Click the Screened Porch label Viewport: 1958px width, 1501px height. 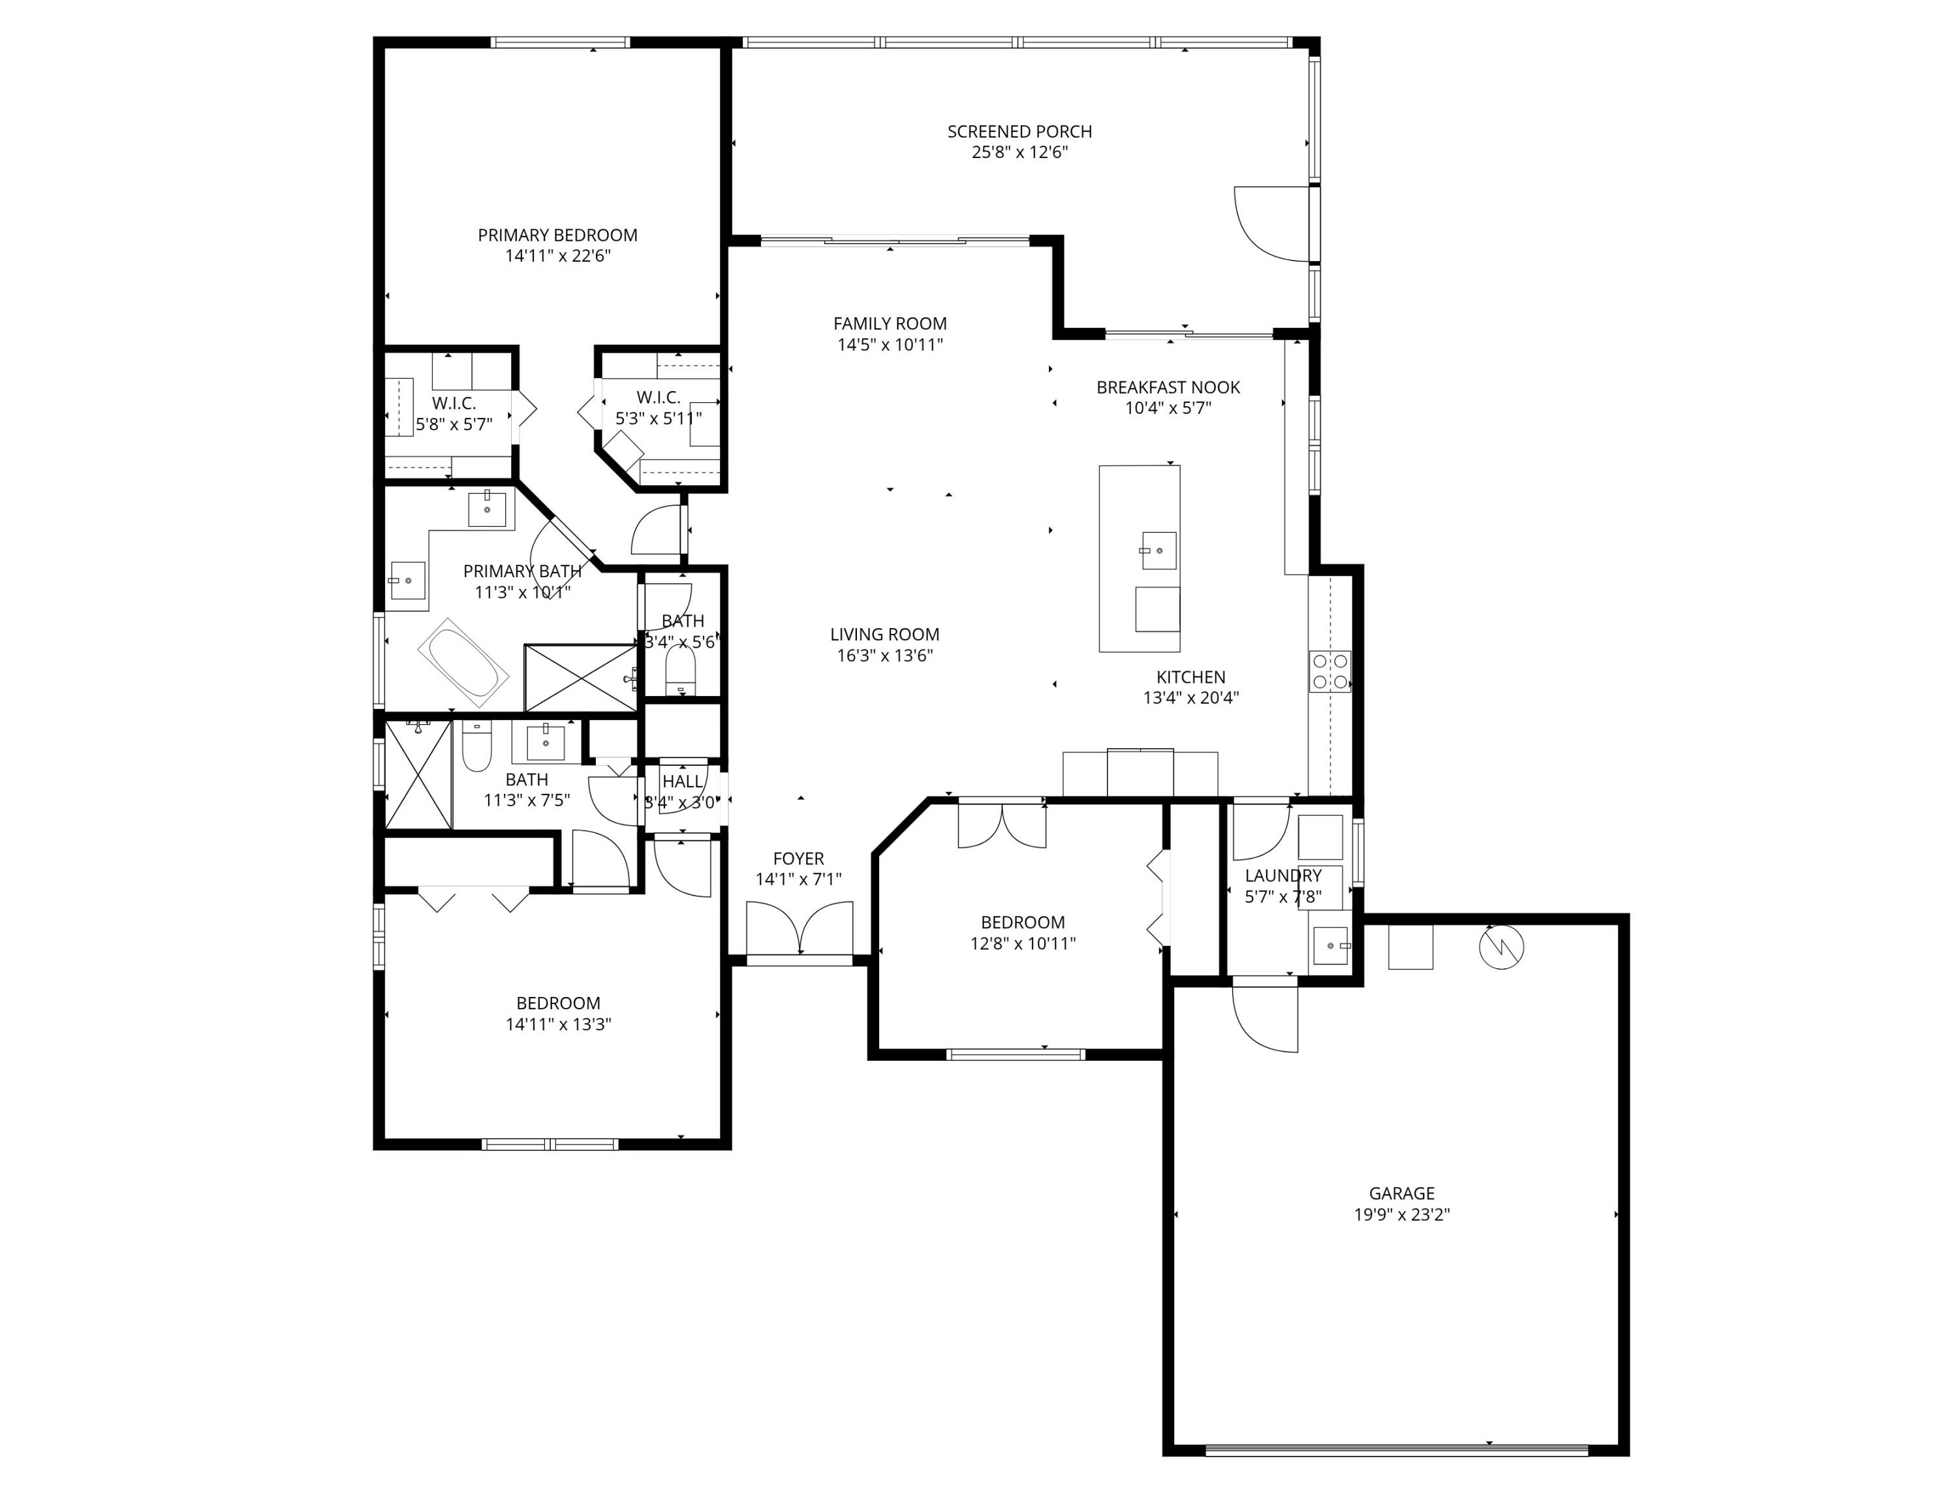pos(1019,131)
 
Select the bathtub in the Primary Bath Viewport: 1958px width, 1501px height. pos(463,662)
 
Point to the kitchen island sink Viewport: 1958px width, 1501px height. pos(1158,550)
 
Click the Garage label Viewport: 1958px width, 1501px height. pos(1401,1193)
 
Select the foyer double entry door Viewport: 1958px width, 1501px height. pos(800,929)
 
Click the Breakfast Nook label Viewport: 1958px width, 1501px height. pos(1168,387)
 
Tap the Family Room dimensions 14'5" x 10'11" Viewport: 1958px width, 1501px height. pos(890,345)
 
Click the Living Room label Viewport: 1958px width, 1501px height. pos(884,635)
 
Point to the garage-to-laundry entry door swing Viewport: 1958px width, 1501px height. pos(1262,1019)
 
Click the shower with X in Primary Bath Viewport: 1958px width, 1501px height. pos(581,677)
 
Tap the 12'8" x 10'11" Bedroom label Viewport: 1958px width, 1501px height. pos(1023,922)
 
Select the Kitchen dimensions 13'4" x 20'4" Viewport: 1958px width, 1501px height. pos(1190,698)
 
